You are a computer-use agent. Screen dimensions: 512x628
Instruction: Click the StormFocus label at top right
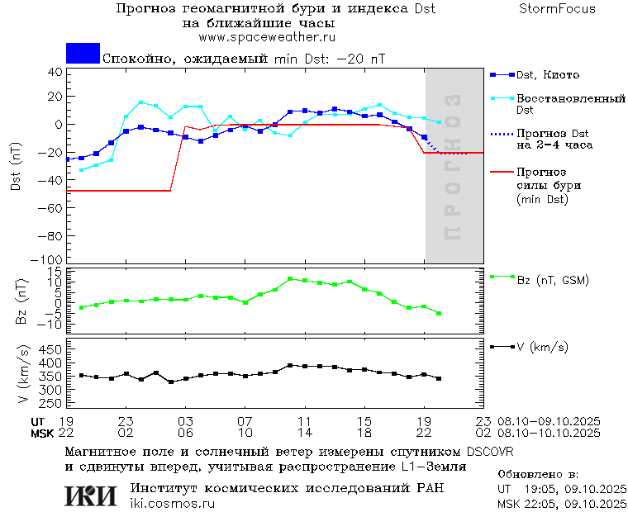557,9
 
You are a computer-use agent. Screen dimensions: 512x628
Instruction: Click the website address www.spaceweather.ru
266,37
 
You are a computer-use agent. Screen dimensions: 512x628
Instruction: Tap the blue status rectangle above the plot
83,53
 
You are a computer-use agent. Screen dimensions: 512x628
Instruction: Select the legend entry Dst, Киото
548,75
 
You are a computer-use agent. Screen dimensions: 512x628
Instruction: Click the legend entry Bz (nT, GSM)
553,281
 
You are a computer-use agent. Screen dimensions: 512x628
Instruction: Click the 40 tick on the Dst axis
55,71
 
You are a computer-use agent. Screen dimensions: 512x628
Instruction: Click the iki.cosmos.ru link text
172,504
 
